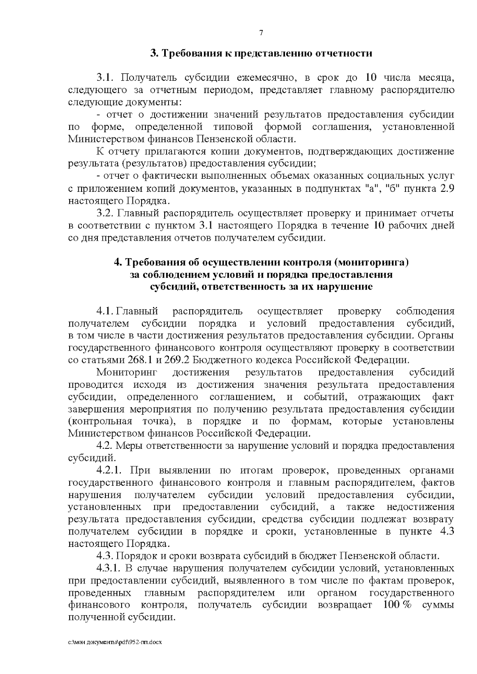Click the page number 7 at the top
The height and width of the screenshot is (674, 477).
(261, 33)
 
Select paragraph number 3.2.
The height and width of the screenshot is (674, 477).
(105, 213)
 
